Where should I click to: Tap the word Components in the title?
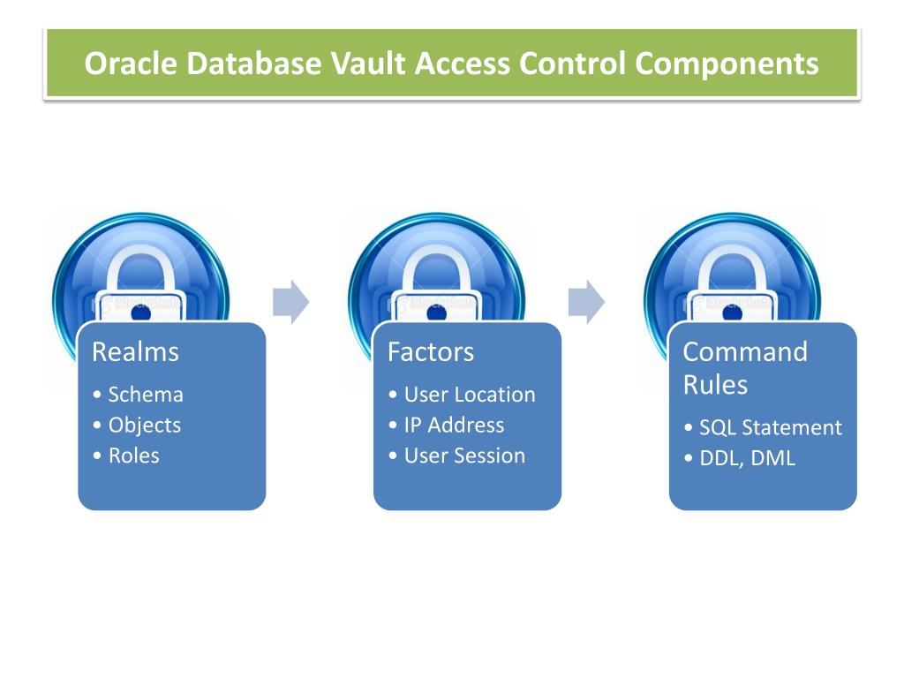(727, 64)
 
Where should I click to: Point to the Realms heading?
(135, 352)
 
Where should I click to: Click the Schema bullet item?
(145, 395)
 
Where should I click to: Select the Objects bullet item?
(144, 425)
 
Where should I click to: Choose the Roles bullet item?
(133, 456)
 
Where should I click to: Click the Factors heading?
(431, 352)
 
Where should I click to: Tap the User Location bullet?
(469, 395)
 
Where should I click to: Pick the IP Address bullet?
(454, 425)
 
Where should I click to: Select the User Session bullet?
(464, 456)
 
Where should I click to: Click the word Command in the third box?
(745, 352)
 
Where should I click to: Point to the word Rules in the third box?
(715, 385)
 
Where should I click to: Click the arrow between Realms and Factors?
(290, 302)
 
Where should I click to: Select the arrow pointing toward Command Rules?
(586, 302)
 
